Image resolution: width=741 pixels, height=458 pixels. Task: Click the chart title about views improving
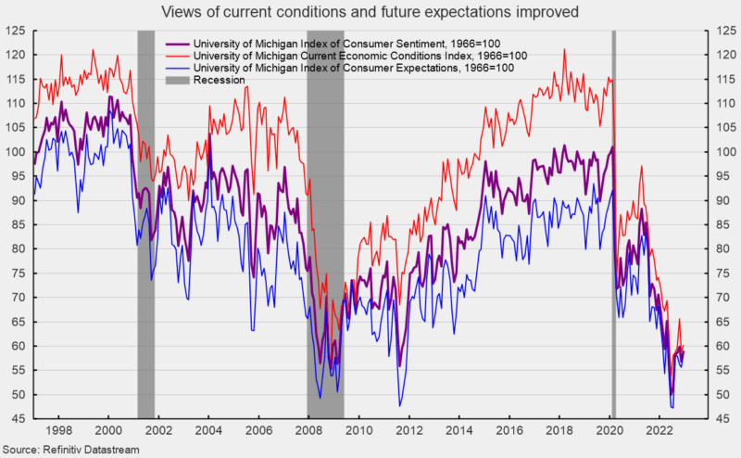370,12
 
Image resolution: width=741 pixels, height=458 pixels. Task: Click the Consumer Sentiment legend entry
347,44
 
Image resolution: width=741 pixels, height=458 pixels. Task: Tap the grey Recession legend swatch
177,80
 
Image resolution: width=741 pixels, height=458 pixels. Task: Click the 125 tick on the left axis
15,31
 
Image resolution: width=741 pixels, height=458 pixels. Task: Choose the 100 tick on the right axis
719,152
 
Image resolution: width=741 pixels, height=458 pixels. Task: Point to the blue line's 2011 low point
400,405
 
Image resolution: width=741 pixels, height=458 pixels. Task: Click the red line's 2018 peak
564,49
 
